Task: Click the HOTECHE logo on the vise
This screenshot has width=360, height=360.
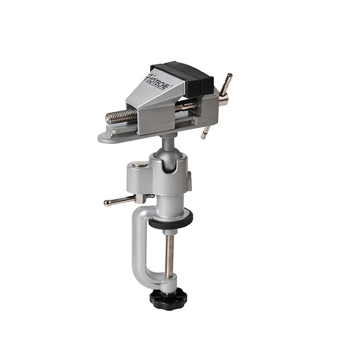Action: [157, 82]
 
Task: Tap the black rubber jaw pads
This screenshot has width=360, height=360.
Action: [184, 78]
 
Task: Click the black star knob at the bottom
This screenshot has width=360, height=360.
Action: [168, 299]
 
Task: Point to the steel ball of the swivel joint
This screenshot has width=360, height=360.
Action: [169, 159]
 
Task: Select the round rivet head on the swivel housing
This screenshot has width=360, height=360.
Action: [140, 164]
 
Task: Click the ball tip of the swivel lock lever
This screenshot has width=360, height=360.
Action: [106, 203]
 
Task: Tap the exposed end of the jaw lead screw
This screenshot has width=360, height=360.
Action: [109, 119]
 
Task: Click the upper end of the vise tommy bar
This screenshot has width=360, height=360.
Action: [229, 75]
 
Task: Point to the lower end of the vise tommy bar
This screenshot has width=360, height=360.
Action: [204, 137]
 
